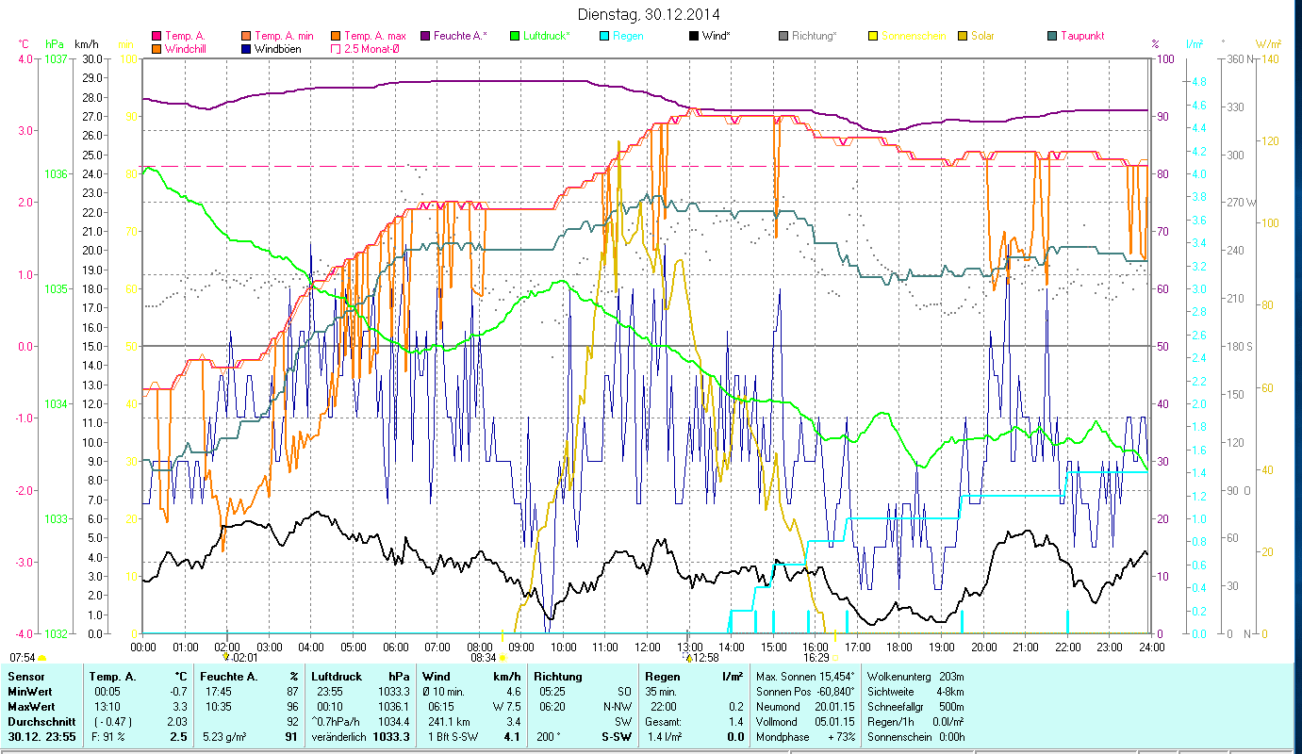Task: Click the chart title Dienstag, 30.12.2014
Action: coord(651,15)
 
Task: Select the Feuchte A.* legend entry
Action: coord(460,36)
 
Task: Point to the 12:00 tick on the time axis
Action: coord(647,647)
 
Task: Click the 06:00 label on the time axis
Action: coord(395,647)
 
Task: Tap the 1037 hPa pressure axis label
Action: coord(56,58)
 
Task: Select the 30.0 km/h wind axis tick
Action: coord(92,58)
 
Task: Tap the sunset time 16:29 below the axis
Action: coord(816,658)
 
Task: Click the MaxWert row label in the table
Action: coord(31,706)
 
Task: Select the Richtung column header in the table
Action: coord(558,677)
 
